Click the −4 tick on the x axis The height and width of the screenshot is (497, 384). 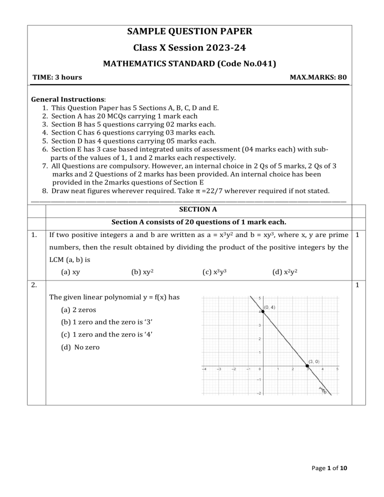coord(204,369)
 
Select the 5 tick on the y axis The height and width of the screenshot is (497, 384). coord(260,298)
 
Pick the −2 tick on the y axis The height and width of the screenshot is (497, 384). coord(258,393)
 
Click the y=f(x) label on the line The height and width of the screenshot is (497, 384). coord(323,389)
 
